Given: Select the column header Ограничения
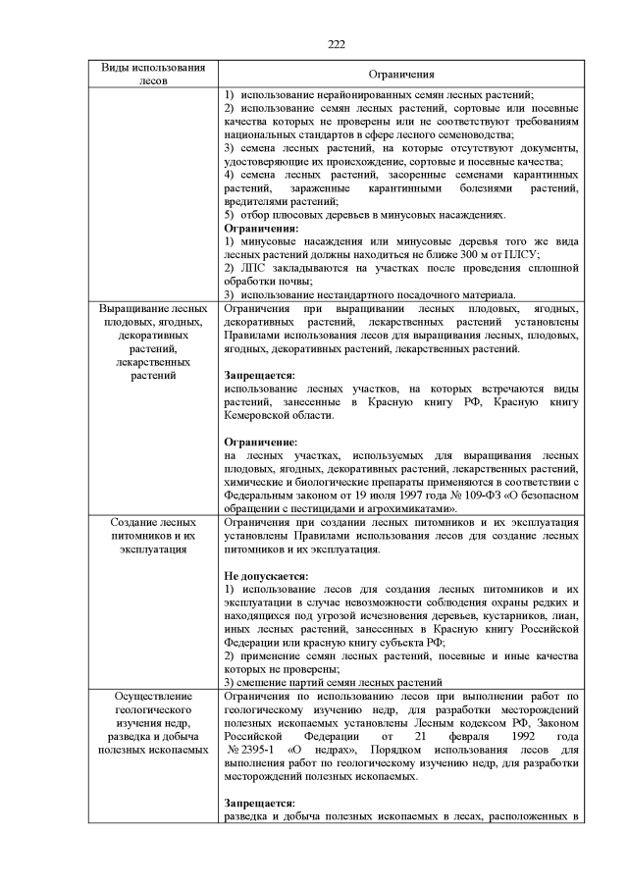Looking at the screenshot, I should coord(401,75).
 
